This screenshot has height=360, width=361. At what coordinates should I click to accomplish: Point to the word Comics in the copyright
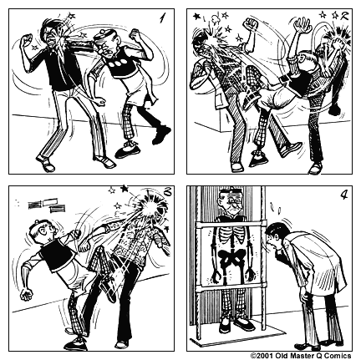(337, 354)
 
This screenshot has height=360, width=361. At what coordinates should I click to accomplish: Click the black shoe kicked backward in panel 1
(160, 132)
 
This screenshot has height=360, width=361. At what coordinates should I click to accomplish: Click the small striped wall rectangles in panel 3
(47, 203)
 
